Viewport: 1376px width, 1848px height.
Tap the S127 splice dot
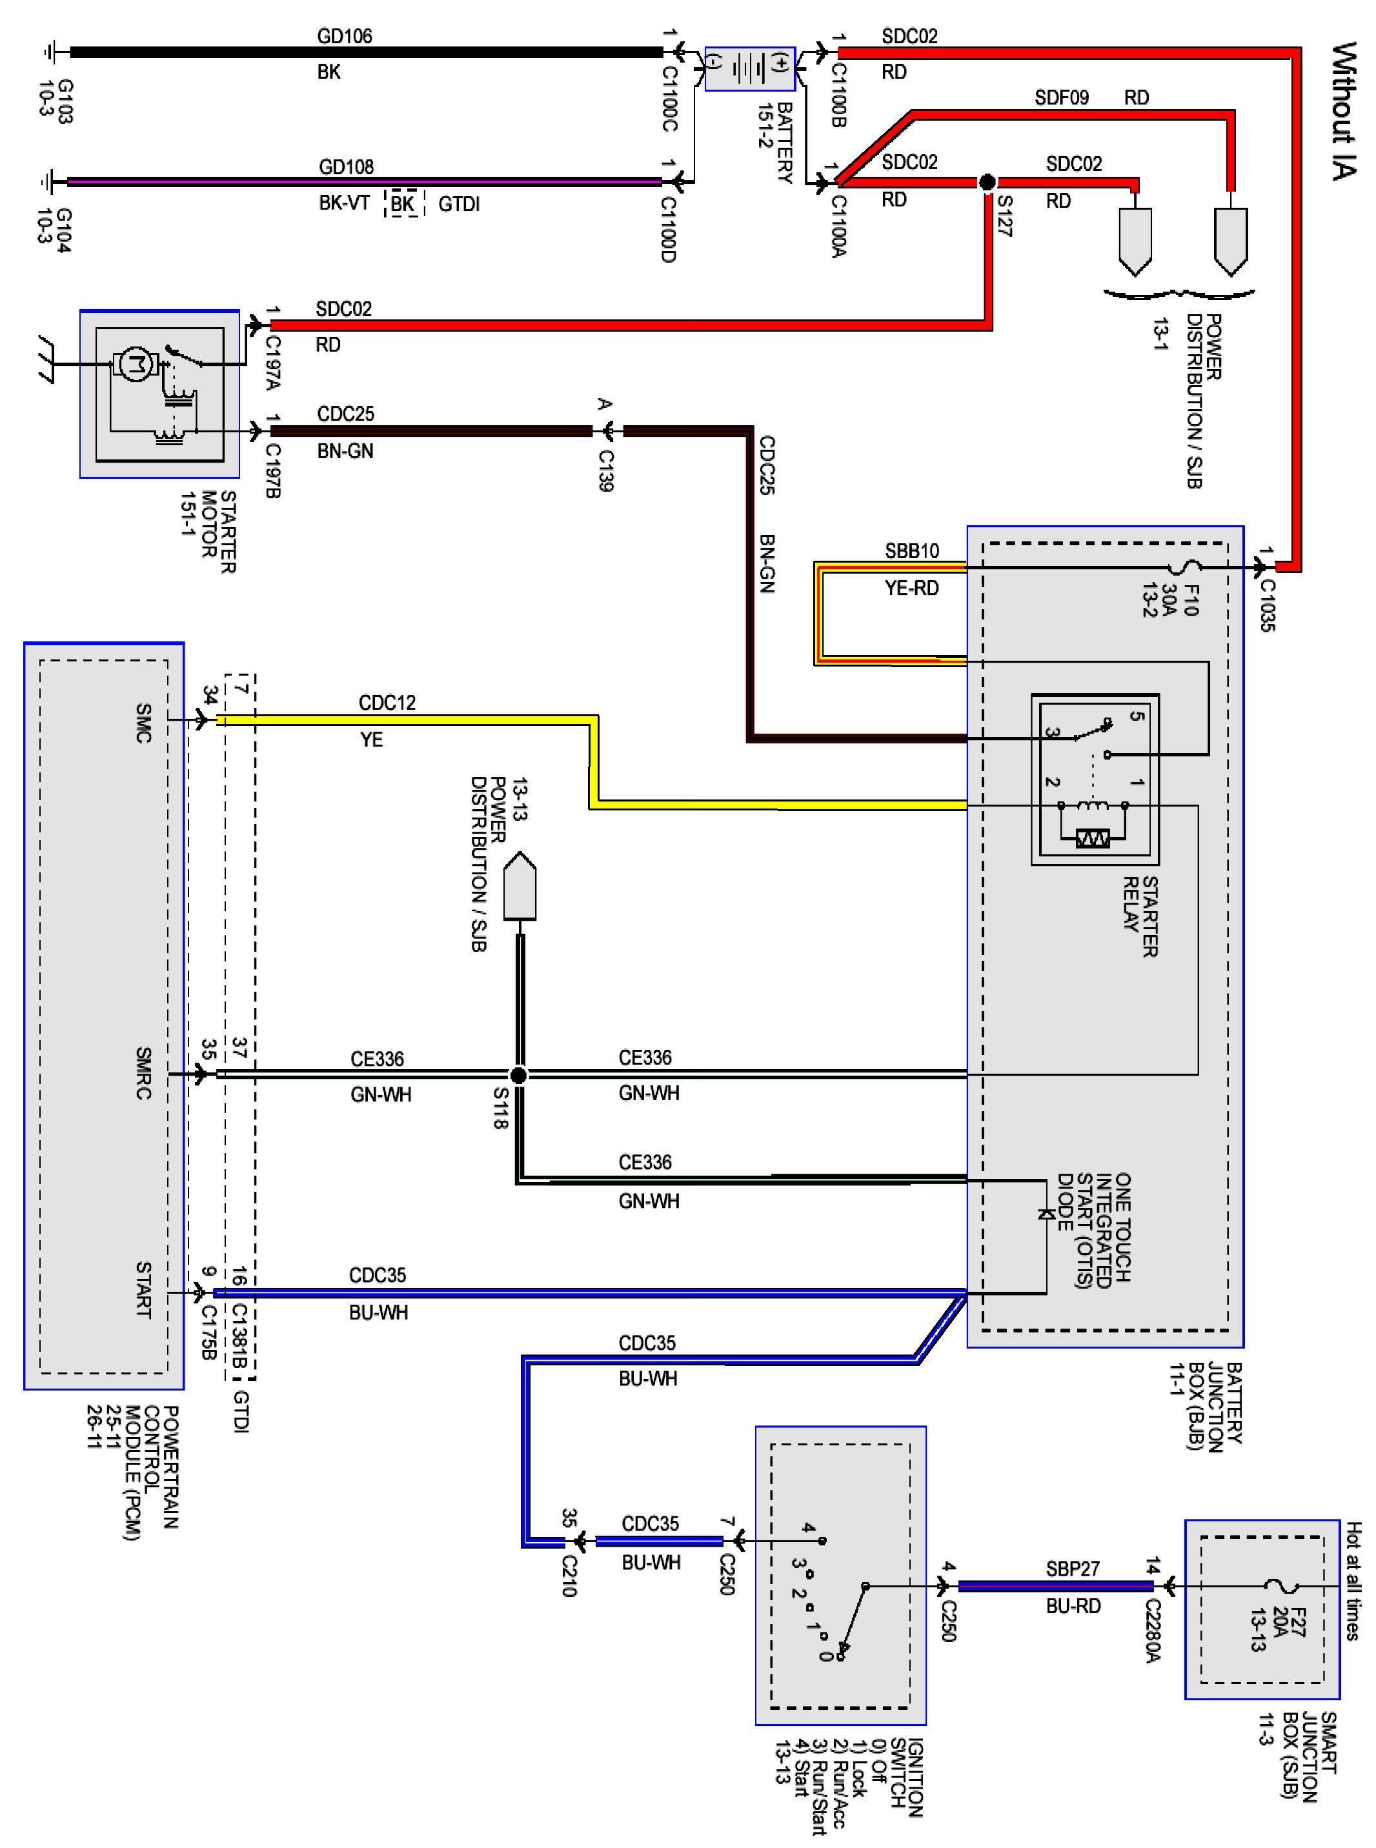click(x=987, y=181)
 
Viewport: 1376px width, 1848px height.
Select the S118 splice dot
click(x=518, y=1075)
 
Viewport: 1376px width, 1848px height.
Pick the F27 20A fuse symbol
click(x=1275, y=1585)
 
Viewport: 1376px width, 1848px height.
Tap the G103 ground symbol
click(x=52, y=52)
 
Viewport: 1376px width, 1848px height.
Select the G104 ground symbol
click(x=52, y=181)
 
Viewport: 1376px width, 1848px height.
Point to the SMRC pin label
click(x=143, y=1074)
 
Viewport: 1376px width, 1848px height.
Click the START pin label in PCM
click(x=143, y=1290)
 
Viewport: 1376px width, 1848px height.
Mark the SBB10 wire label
click(x=911, y=550)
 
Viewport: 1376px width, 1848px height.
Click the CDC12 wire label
click(x=387, y=702)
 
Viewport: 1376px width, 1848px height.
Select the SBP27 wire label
click(x=1073, y=1568)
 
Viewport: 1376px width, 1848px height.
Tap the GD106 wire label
click(x=344, y=35)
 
